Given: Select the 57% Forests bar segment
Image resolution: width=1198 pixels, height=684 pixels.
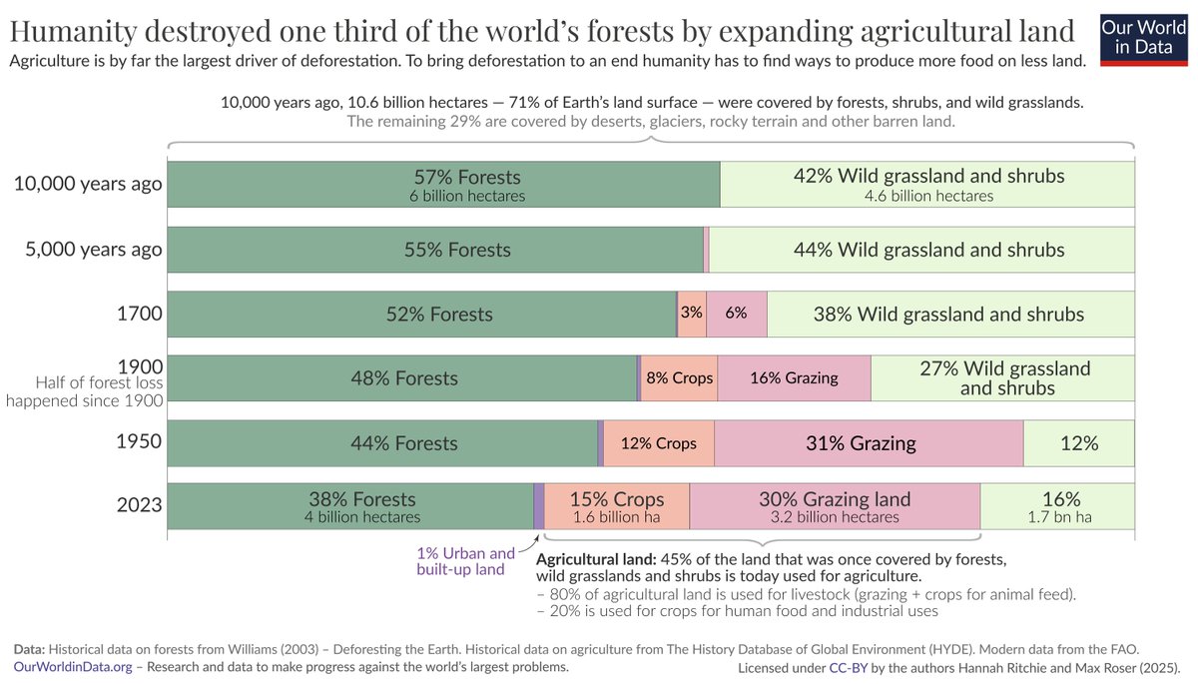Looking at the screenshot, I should [442, 185].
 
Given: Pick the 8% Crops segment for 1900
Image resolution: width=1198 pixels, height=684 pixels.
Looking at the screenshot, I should [679, 378].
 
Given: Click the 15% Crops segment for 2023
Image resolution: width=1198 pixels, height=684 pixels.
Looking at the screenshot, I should [616, 507].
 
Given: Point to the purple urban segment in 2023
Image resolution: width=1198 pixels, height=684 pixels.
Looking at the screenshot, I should [539, 507].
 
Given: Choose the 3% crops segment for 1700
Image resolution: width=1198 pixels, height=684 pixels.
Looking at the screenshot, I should [691, 314].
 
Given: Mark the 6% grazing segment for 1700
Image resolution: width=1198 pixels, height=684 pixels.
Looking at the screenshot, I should [737, 314].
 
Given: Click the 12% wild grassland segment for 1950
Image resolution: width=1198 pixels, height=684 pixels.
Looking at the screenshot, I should [1079, 443].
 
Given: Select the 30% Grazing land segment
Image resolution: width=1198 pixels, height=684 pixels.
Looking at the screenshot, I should [835, 507].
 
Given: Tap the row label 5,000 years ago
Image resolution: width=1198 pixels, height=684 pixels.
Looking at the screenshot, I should [93, 250].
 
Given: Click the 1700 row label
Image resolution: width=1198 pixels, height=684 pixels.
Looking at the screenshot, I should [139, 314].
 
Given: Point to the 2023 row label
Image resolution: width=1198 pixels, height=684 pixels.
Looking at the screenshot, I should [139, 505].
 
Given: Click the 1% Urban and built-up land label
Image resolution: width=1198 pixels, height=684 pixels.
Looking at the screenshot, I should [465, 561].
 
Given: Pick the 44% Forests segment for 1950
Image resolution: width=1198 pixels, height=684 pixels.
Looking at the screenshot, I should [382, 443].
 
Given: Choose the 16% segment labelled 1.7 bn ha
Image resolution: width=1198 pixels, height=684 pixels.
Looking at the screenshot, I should [1059, 507].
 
